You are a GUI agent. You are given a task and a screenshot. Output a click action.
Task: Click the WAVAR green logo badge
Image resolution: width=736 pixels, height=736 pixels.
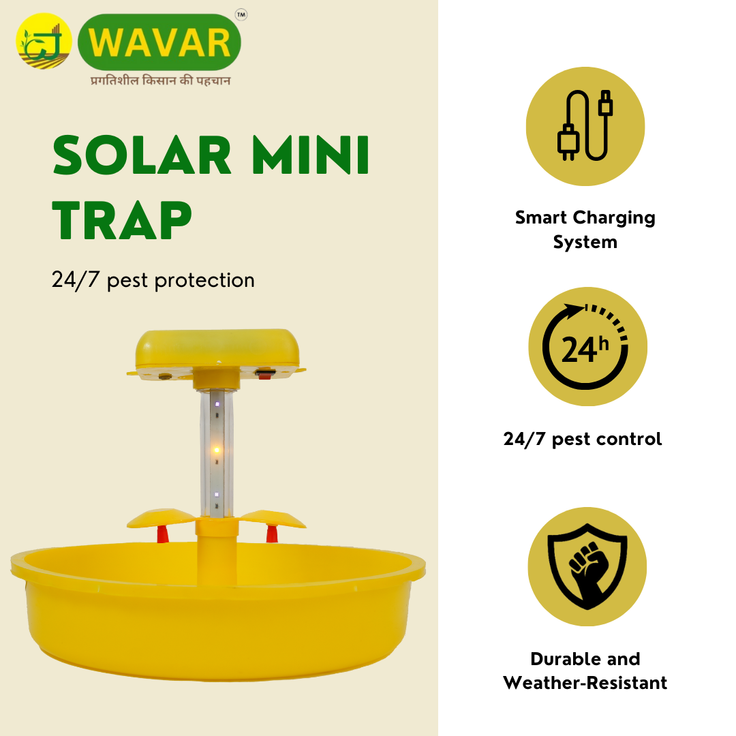(x=159, y=42)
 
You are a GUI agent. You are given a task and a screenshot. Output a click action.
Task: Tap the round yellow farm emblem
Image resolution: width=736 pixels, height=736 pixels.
(x=44, y=42)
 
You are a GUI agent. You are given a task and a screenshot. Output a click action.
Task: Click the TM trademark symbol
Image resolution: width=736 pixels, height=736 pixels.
(x=241, y=15)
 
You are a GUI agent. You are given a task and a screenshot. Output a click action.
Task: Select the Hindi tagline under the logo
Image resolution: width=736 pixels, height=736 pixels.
(x=161, y=80)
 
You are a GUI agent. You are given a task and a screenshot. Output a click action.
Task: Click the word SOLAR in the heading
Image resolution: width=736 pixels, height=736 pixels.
(x=142, y=155)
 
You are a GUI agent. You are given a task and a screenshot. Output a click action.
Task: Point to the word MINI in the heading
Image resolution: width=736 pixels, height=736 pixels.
(x=311, y=155)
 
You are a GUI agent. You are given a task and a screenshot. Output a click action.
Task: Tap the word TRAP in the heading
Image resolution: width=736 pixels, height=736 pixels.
(x=122, y=219)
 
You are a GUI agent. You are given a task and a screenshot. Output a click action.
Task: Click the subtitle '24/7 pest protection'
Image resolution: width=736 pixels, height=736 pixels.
(x=153, y=280)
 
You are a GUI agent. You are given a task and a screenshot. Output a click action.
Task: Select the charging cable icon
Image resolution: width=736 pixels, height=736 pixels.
(x=585, y=126)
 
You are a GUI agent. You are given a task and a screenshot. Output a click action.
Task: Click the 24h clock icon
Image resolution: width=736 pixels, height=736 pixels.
(x=587, y=346)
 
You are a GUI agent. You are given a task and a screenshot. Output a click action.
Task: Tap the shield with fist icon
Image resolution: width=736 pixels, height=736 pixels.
(x=587, y=566)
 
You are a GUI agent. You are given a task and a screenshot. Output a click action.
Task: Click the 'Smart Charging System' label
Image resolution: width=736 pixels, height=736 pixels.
(x=585, y=230)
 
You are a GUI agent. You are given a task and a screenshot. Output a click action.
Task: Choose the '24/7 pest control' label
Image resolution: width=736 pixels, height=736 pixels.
(x=583, y=439)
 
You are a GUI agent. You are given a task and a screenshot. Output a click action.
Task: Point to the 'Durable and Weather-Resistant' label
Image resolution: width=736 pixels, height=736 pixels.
(x=585, y=671)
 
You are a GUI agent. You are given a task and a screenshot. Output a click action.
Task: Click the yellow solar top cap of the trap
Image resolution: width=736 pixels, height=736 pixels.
(x=217, y=349)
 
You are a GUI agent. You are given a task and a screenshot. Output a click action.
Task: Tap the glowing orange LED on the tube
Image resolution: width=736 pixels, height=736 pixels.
(x=217, y=450)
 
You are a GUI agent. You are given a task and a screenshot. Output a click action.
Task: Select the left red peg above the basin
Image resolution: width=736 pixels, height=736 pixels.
(x=162, y=534)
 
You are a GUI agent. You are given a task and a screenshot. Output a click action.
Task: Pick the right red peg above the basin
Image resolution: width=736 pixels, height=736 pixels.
(x=272, y=534)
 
